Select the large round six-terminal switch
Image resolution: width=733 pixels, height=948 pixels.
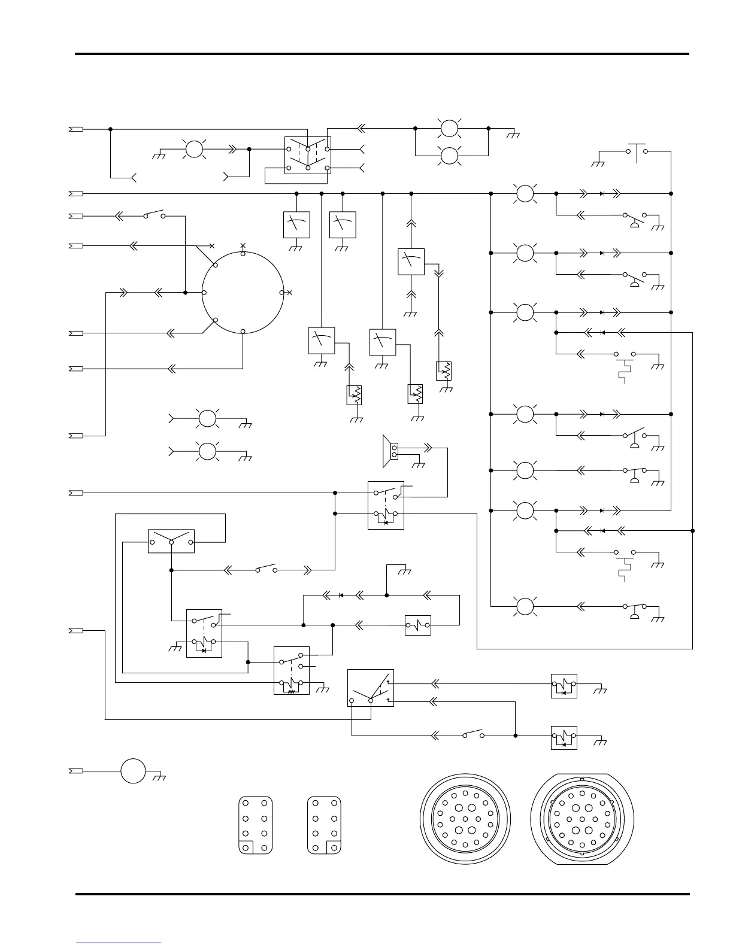point(243,293)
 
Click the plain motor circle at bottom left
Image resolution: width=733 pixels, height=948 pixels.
point(133,771)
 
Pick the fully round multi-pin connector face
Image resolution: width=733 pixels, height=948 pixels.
point(465,820)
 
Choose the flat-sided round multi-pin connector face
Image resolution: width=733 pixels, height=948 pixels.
point(581,820)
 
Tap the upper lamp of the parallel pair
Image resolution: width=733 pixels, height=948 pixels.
point(449,128)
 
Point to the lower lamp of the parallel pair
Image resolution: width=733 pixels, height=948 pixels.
point(449,157)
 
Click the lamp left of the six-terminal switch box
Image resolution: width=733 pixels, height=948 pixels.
point(194,148)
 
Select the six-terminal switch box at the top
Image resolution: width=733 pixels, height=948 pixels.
point(307,155)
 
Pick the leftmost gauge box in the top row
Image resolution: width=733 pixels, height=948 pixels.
point(296,224)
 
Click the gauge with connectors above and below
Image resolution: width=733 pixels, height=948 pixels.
point(411,262)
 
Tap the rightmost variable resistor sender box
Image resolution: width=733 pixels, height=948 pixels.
point(444,371)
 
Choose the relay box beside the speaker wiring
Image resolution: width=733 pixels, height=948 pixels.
point(386,505)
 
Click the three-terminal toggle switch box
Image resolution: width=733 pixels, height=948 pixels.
point(171,541)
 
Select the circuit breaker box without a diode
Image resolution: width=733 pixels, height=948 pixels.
point(418,625)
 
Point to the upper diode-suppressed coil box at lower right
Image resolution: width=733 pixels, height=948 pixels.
point(564,686)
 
